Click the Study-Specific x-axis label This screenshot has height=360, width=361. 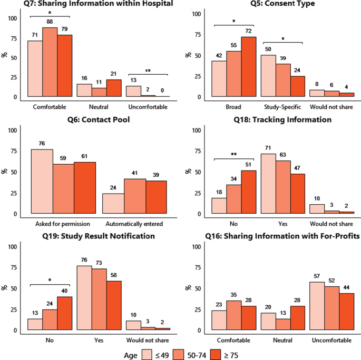[282, 107]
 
